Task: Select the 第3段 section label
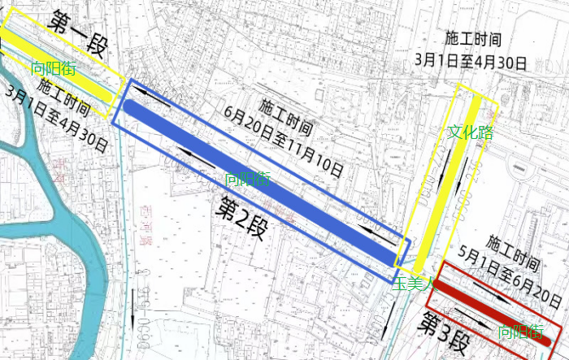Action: (444, 327)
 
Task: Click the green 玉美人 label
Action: (415, 284)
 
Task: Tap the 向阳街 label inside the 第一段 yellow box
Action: (53, 69)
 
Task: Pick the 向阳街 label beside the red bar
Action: (520, 332)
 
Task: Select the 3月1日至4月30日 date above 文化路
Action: (471, 60)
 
